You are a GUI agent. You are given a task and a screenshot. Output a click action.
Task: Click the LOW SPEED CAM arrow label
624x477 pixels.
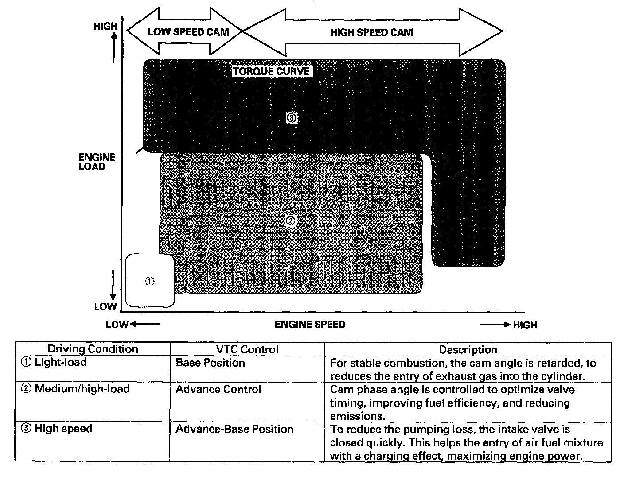pos(188,32)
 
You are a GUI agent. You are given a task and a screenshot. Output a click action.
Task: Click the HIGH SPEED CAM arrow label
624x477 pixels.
pos(371,32)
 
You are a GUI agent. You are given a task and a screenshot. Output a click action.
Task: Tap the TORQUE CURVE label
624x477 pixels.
pos(272,71)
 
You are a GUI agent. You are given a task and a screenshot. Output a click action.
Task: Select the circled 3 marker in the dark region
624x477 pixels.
pos(291,118)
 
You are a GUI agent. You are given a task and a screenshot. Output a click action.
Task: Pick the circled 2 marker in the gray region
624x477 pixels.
pos(291,220)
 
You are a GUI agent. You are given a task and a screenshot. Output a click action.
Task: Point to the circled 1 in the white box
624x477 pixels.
pos(150,281)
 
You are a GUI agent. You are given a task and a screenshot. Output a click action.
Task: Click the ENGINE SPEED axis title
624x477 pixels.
pos(310,325)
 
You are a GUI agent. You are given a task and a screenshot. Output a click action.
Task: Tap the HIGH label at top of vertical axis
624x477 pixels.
pos(105,27)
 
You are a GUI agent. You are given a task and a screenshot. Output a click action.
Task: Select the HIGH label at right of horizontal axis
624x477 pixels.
pos(525,325)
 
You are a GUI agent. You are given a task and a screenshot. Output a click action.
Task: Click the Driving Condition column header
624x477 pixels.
pos(93,349)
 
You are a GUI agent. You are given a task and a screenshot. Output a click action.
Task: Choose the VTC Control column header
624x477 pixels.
pos(247,349)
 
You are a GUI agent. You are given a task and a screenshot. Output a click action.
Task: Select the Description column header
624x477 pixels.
pos(468,349)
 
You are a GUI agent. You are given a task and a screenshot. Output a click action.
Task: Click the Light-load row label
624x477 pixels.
pos(60,362)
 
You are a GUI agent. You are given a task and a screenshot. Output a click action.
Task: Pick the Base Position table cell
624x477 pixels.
pos(210,363)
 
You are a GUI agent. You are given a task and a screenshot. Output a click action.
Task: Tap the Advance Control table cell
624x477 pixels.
pos(218,389)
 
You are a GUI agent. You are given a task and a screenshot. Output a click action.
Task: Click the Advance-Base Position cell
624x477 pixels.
pos(234,429)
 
